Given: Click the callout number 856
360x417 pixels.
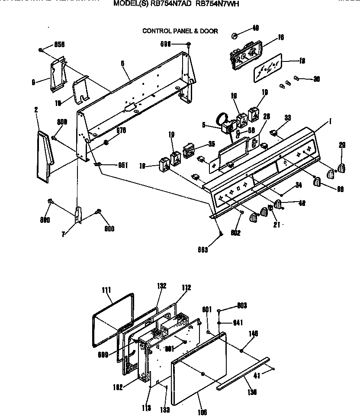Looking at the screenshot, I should pyautogui.click(x=59, y=45).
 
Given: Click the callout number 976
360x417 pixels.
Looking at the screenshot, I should pyautogui.click(x=121, y=130).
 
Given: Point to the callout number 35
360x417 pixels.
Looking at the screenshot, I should pyautogui.click(x=211, y=144).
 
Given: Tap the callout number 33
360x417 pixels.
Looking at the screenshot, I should pyautogui.click(x=287, y=118).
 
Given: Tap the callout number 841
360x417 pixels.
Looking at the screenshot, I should pyautogui.click(x=238, y=322).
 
